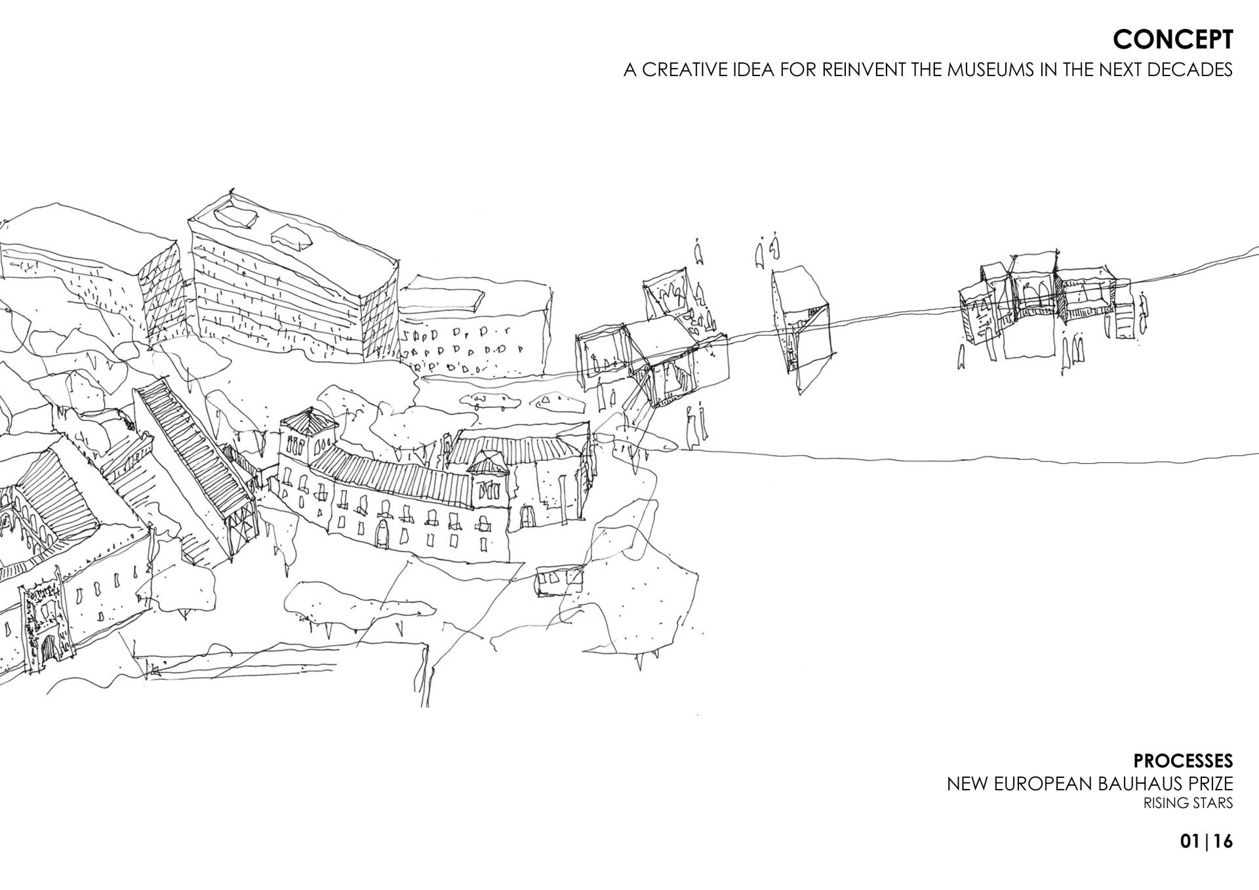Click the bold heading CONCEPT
(1172, 40)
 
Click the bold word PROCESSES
(1183, 761)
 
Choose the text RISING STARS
(1188, 803)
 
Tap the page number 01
(1189, 841)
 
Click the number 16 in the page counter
(1222, 841)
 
